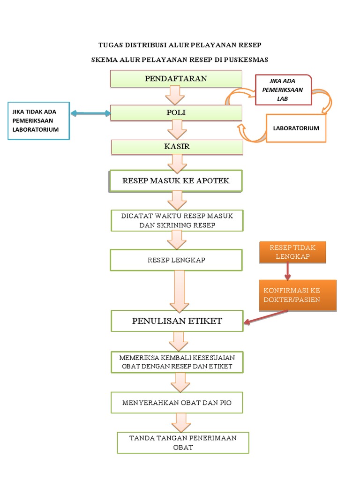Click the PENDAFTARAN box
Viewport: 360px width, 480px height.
(176, 79)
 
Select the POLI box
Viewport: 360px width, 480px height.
(176, 113)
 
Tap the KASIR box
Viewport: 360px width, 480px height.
(177, 147)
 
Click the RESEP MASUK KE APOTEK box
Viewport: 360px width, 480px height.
(176, 181)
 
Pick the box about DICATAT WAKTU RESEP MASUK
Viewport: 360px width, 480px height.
(177, 220)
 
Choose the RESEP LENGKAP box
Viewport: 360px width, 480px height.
(176, 260)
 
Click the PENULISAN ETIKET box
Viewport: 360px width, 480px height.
(177, 321)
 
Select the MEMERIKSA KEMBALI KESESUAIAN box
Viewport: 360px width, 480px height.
(177, 362)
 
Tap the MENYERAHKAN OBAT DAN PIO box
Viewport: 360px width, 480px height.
(177, 403)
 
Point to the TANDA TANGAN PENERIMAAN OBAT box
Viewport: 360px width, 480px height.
(183, 442)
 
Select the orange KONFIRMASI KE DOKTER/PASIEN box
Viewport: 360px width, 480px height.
(297, 295)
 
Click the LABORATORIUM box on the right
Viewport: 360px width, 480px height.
(296, 128)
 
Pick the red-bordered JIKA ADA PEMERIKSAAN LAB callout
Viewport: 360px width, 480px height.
(283, 90)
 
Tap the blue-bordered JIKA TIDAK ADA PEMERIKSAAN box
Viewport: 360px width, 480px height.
(39, 120)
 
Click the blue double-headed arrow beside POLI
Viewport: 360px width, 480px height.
(90, 113)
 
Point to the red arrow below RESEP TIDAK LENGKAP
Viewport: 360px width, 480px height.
(288, 271)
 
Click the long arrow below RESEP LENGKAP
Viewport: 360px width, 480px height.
(179, 291)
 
